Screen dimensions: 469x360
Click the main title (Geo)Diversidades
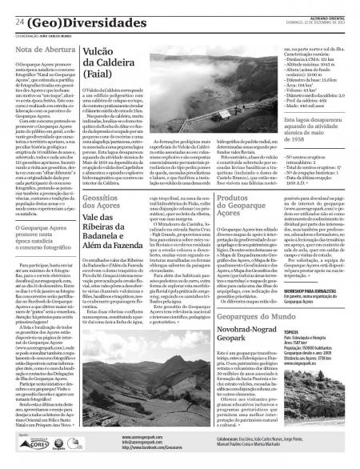[x=81, y=22]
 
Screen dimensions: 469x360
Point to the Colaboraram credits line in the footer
[x=256, y=440]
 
